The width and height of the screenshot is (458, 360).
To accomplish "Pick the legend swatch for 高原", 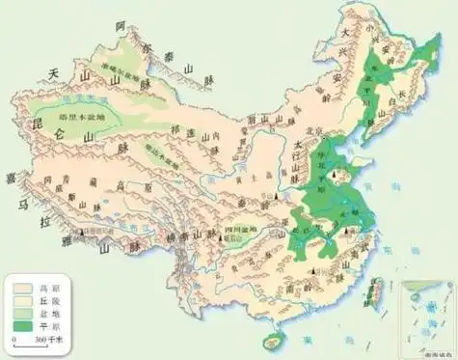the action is [21, 288].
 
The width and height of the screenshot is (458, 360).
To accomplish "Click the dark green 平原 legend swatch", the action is [21, 326].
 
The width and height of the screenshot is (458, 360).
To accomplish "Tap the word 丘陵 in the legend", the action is [44, 301].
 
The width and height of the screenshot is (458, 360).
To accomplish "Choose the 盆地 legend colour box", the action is [21, 314].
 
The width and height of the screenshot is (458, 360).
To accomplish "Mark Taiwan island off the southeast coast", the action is [377, 287].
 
